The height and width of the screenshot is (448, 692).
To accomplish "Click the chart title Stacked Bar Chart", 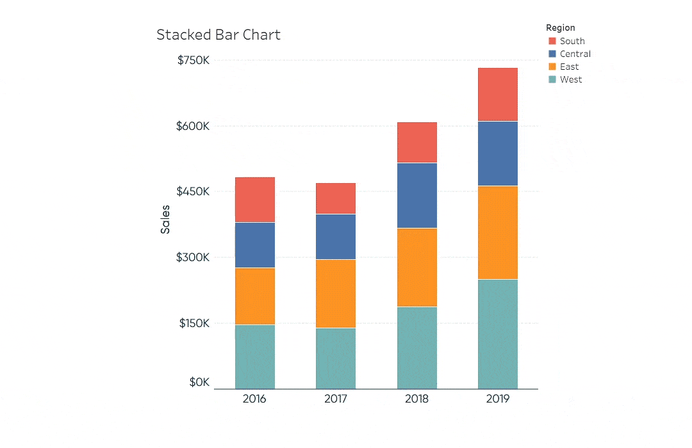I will [218, 35].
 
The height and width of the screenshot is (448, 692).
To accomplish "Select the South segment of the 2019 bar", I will [498, 94].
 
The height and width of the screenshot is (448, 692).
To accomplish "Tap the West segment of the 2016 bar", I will [255, 356].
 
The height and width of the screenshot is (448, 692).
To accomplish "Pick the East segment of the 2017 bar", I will [336, 293].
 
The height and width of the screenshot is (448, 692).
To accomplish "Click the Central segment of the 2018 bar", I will [417, 195].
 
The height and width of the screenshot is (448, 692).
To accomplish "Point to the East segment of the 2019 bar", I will [498, 232].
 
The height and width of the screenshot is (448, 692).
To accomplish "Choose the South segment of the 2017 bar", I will [336, 198].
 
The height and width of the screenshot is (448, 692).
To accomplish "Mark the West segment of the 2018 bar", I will [417, 348].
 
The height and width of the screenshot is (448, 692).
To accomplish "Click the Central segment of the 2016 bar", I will [255, 244].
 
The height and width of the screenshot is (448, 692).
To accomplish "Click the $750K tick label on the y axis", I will [194, 60].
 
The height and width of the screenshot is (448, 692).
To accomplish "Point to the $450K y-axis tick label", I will [194, 191].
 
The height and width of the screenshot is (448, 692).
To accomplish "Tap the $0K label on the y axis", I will [199, 382].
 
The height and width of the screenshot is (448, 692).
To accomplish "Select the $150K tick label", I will [194, 323].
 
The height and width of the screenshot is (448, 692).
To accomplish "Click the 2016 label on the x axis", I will [254, 399].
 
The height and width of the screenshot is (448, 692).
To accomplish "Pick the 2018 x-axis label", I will [416, 399].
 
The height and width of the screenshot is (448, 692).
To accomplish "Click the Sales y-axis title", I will [165, 219].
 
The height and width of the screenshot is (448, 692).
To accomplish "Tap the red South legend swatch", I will [552, 41].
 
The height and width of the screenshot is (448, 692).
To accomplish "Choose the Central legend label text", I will [575, 54].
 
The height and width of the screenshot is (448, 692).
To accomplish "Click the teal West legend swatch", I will [552, 79].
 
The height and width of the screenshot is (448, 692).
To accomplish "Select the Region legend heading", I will [560, 28].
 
